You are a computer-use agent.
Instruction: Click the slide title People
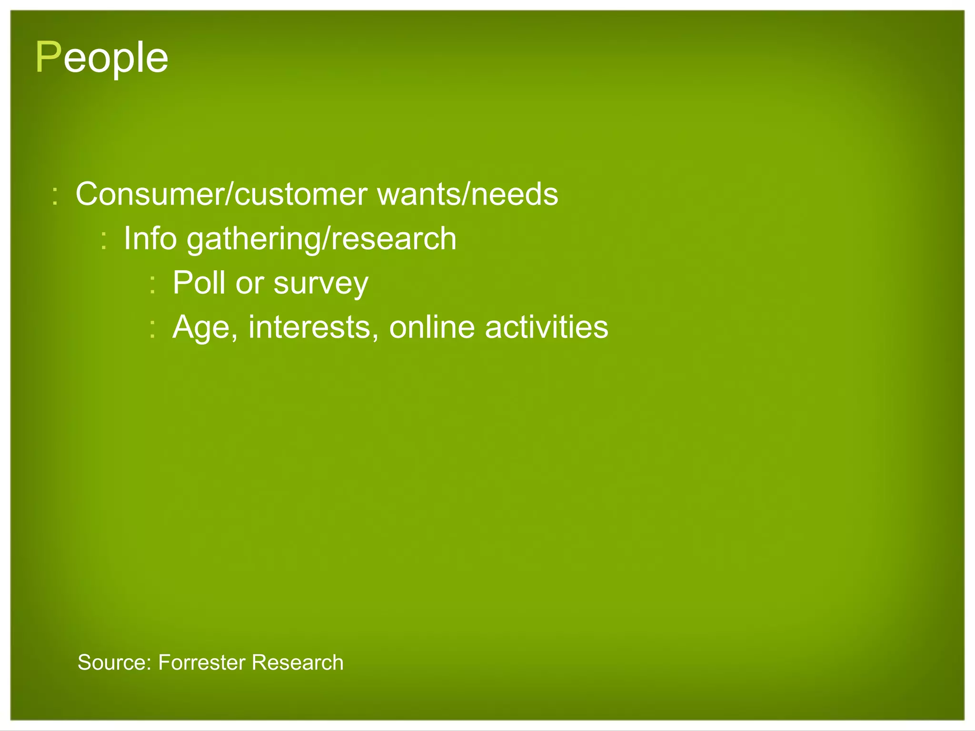pos(102,58)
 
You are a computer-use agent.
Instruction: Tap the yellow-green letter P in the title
pos(48,58)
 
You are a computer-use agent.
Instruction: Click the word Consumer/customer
pos(221,194)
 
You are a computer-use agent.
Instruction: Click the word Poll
pos(199,283)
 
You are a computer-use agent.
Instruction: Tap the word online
pos(431,327)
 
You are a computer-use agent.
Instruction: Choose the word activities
pos(546,327)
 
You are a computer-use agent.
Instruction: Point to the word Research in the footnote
pos(297,662)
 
